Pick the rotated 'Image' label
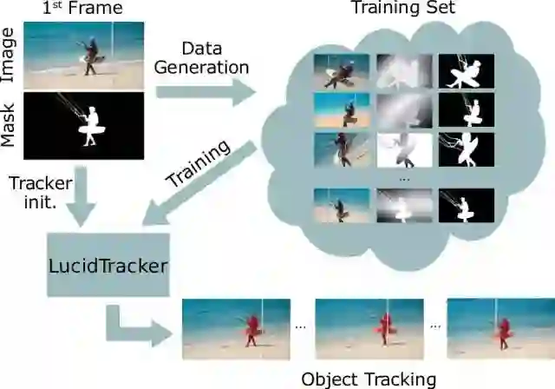click(10, 54)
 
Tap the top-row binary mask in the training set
click(466, 72)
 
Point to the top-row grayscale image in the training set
click(403, 72)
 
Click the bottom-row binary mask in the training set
click(466, 206)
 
